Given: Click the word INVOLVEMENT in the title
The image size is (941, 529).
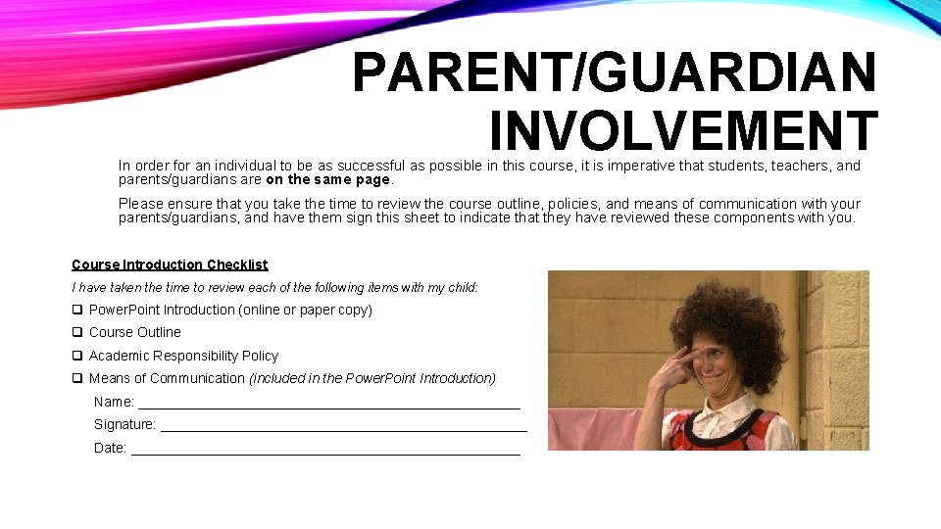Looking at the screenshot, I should (682, 131).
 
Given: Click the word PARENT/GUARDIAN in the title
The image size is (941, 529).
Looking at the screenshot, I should (614, 72).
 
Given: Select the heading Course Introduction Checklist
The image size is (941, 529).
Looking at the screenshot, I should (170, 264).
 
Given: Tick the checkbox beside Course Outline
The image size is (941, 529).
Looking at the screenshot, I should (76, 332).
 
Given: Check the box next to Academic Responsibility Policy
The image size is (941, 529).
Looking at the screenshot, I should (76, 356).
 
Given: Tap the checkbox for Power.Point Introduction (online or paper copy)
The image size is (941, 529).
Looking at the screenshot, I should (76, 310).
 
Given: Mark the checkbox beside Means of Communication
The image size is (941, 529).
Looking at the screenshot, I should (76, 378).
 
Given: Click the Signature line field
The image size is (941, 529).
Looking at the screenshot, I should (343, 428).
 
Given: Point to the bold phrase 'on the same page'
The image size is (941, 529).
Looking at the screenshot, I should (328, 180).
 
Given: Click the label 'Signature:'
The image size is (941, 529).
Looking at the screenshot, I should (124, 425).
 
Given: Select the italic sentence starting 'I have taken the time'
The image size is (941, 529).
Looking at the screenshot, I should (274, 287).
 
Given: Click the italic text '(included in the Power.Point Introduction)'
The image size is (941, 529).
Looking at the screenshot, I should (372, 378).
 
